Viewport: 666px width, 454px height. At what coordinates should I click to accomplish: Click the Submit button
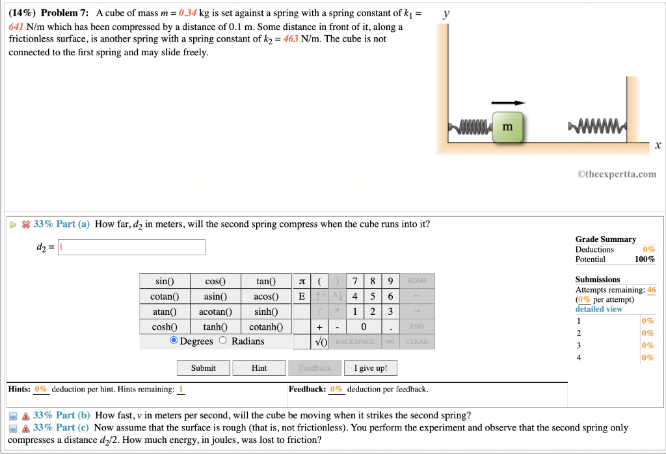203,368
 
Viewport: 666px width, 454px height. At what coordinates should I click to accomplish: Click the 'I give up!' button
370,368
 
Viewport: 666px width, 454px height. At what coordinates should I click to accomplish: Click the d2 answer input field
131,247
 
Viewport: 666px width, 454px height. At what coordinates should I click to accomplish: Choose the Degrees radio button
174,341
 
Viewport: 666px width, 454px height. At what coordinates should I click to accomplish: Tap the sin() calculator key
165,282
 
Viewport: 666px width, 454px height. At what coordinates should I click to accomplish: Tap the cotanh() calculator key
265,327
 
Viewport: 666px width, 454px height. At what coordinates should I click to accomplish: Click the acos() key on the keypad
265,297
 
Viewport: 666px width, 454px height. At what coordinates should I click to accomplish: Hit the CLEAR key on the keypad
416,341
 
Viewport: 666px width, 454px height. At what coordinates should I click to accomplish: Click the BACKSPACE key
355,341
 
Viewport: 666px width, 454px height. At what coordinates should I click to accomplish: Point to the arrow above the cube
507,103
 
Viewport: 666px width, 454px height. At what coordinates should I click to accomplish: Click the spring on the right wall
596,125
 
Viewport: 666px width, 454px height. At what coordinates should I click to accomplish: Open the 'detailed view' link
598,309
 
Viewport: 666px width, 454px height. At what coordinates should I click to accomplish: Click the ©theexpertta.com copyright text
616,174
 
